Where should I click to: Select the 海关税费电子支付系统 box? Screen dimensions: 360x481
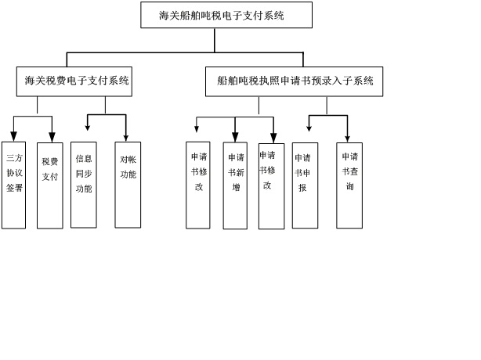(x=76, y=81)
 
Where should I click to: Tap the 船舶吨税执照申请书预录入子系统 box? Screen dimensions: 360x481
(x=295, y=81)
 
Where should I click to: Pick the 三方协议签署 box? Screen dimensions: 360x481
(x=13, y=185)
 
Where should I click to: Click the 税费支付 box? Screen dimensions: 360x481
(x=49, y=185)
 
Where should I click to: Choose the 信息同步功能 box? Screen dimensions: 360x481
(x=83, y=185)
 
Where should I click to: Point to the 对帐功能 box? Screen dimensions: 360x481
(x=128, y=185)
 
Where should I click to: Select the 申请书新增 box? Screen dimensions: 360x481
(x=235, y=185)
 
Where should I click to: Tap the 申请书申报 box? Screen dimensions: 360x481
(x=305, y=185)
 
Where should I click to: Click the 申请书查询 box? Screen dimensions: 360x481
(x=349, y=185)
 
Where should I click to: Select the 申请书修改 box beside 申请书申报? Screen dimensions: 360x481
(x=271, y=185)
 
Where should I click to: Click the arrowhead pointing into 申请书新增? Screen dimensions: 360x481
(x=235, y=137)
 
